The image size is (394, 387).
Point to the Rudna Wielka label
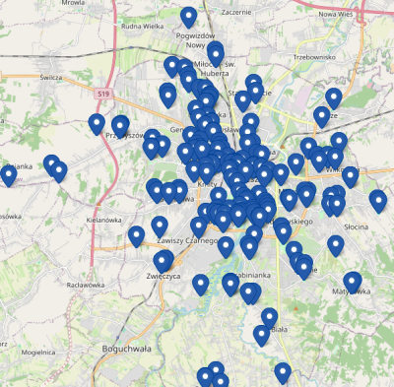coord(141,27)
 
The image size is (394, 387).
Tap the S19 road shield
coord(103,93)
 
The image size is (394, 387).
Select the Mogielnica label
coord(38,352)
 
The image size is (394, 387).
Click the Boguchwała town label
coord(126,348)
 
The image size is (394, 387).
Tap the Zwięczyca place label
coord(164,277)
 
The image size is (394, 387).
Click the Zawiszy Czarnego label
coord(187,240)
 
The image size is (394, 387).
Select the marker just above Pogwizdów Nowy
coord(188,18)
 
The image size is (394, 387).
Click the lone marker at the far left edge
coord(8,175)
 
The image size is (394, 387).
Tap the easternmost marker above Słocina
coord(378,202)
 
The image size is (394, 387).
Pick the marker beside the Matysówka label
coord(353,284)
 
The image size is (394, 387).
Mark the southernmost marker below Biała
coord(283,373)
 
